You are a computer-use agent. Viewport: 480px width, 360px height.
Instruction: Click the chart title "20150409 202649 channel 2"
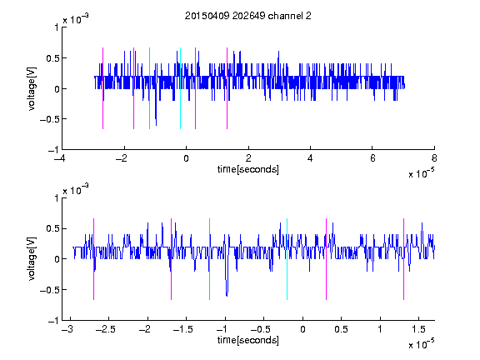click(247, 16)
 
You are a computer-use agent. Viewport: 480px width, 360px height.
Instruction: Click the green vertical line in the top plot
click(149, 88)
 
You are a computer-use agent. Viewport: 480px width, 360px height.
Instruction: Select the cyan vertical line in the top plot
click(180, 88)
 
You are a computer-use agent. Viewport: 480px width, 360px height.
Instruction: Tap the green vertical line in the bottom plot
click(209, 259)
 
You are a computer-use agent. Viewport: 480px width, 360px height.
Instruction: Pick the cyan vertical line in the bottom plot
click(287, 259)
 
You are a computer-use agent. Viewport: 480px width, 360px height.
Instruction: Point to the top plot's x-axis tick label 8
click(434, 158)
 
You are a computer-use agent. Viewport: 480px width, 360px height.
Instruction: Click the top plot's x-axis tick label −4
click(60, 158)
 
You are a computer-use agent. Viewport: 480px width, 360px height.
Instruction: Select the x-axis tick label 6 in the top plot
click(372, 158)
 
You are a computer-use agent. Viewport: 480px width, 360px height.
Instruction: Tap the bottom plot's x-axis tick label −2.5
click(105, 329)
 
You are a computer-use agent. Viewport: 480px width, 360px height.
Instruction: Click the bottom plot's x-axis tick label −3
click(67, 329)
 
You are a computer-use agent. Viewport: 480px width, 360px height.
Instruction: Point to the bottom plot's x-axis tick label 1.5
click(418, 329)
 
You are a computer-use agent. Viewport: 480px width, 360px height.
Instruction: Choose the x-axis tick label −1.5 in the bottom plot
click(182, 329)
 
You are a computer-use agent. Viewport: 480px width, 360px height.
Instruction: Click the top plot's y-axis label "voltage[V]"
click(32, 88)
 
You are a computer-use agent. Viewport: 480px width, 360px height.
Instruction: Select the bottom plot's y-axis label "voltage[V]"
click(32, 259)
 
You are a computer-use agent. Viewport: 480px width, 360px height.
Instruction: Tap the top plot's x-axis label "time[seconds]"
click(248, 169)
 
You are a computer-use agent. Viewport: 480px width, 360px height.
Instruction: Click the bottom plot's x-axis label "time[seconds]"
click(248, 340)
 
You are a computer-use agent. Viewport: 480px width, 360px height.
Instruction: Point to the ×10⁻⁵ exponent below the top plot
click(421, 172)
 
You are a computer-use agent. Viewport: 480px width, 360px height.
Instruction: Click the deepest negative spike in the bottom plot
click(227, 296)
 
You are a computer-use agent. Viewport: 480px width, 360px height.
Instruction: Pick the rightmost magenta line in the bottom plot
click(403, 259)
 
